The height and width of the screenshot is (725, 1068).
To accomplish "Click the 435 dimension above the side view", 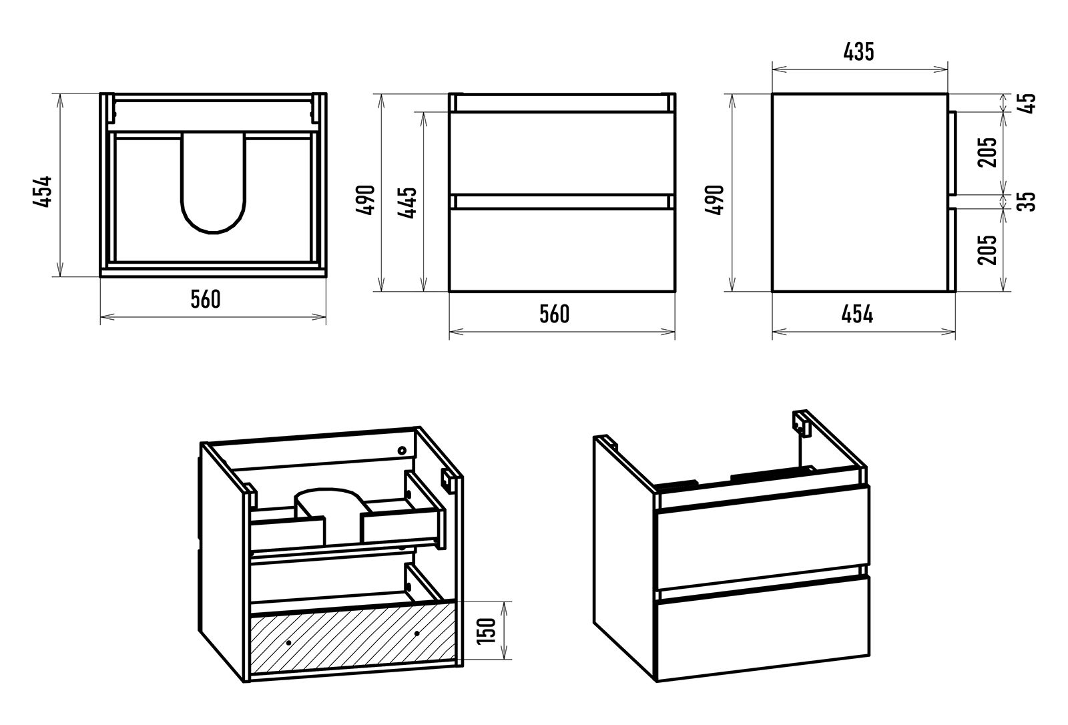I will pos(858,52).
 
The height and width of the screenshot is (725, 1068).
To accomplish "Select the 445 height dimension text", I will pos(408,202).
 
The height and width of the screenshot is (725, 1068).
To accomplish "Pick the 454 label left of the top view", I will pos(42,192).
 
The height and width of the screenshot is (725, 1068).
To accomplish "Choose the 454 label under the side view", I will pos(858,313).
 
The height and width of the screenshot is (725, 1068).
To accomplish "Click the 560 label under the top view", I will pos(206,300).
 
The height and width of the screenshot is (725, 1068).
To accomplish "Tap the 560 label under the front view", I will pos(555,313).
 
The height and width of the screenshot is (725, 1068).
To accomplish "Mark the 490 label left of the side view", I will pos(715,198).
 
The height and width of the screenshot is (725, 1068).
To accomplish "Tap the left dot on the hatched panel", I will pos(288,642).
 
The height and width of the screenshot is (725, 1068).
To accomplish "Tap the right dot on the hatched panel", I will pos(417,633).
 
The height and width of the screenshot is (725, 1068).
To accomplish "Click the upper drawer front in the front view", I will pos(561,153).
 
